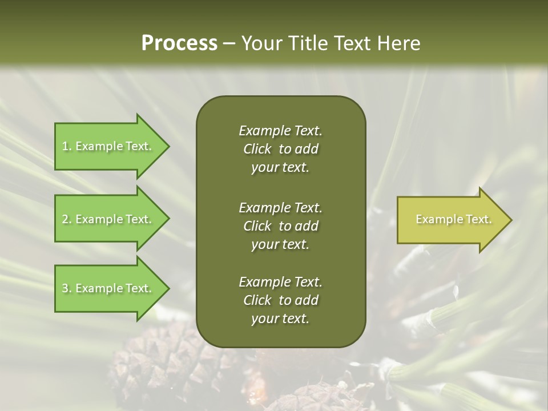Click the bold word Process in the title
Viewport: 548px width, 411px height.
click(x=179, y=43)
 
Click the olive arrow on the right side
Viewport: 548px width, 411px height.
click(x=451, y=220)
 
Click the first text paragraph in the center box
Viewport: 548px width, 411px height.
click(x=280, y=149)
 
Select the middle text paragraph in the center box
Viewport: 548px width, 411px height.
click(x=280, y=225)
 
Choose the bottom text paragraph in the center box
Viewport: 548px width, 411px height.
click(x=280, y=300)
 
